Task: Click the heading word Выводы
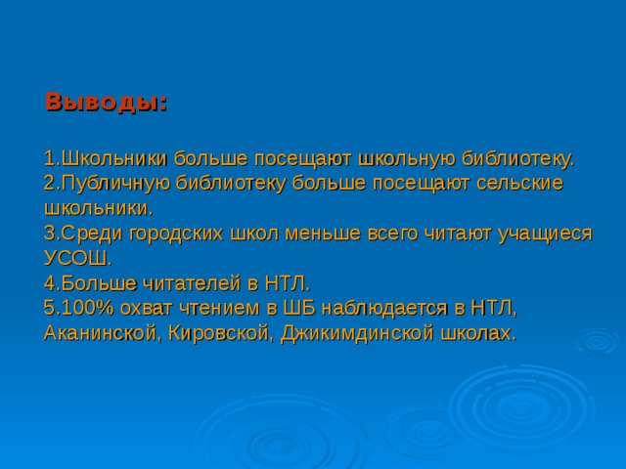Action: pos(106,102)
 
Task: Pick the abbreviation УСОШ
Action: pos(77,259)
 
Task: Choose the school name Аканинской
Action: pos(105,334)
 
